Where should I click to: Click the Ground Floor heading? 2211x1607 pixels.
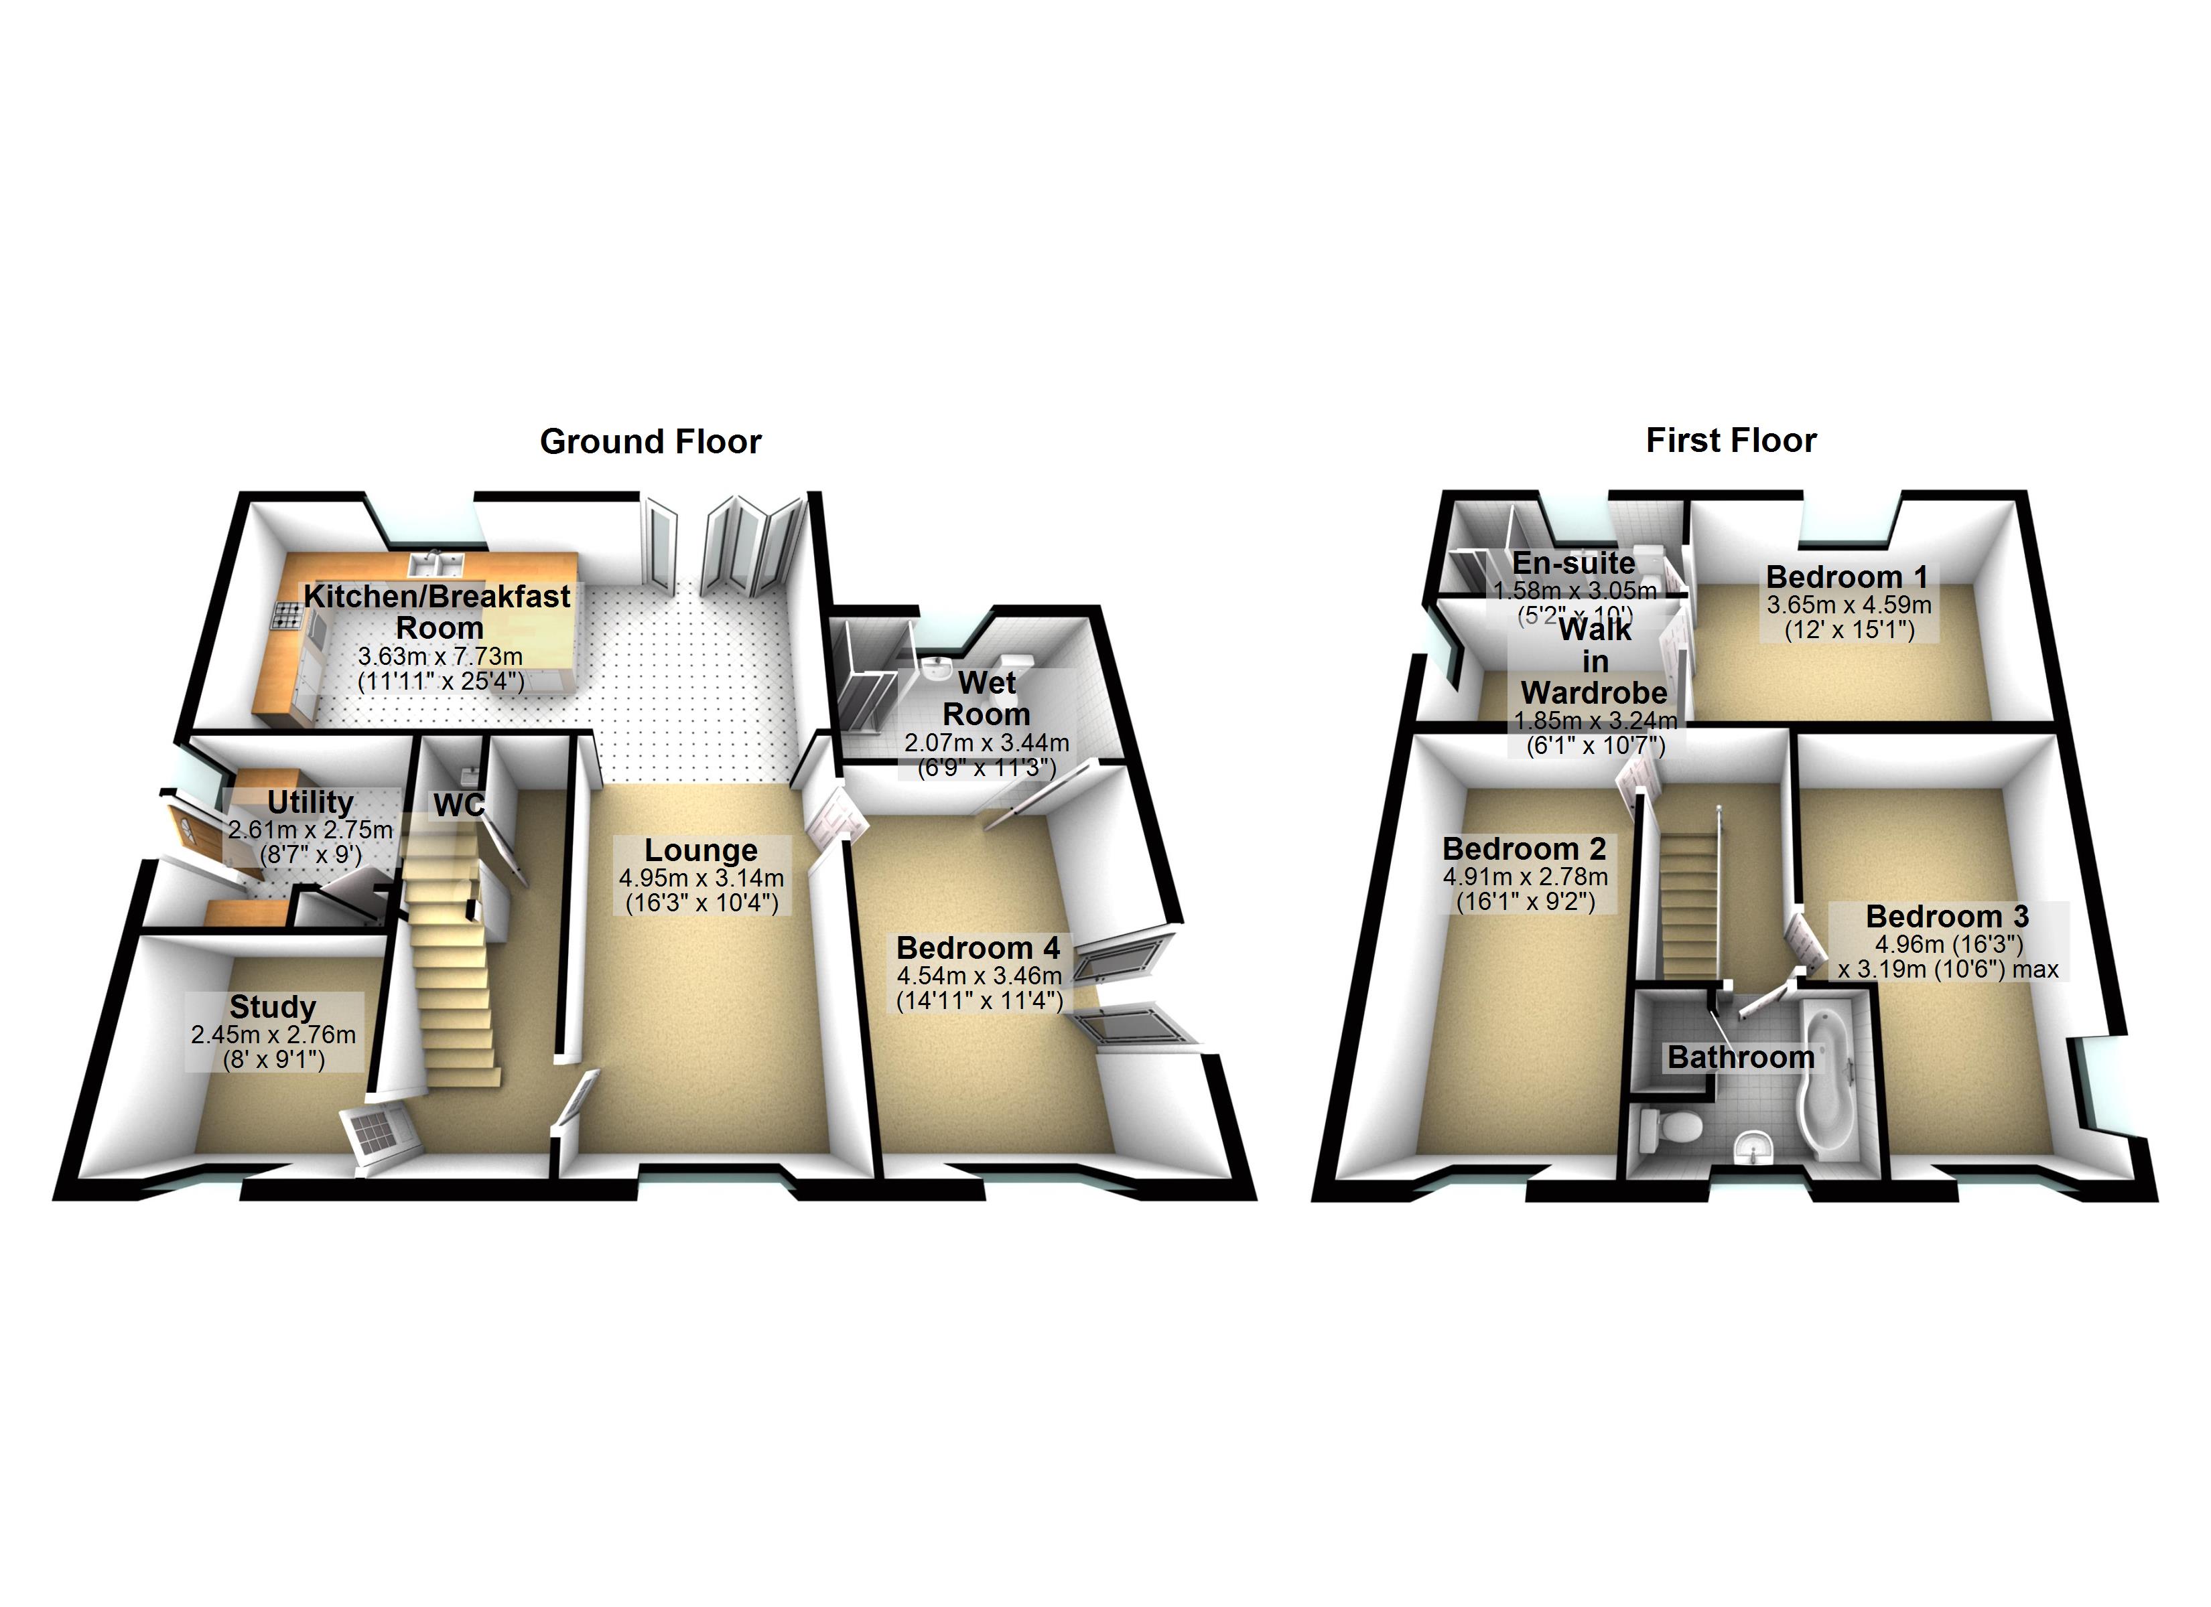point(651,441)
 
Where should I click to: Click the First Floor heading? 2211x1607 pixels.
point(1731,441)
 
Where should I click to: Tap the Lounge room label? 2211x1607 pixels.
point(700,851)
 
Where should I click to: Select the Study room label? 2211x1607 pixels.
point(273,1006)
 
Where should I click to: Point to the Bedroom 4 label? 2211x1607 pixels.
point(978,947)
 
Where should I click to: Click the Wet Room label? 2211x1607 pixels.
point(986,698)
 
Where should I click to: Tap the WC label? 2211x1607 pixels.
point(459,805)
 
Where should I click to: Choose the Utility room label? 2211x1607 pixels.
point(310,802)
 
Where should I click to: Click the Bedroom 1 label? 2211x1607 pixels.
point(1847,577)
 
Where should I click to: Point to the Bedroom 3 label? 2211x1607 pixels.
point(1947,916)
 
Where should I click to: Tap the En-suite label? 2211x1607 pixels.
point(1573,563)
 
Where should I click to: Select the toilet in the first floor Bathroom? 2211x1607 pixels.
point(1669,1130)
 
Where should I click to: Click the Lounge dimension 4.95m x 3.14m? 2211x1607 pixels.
point(701,878)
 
